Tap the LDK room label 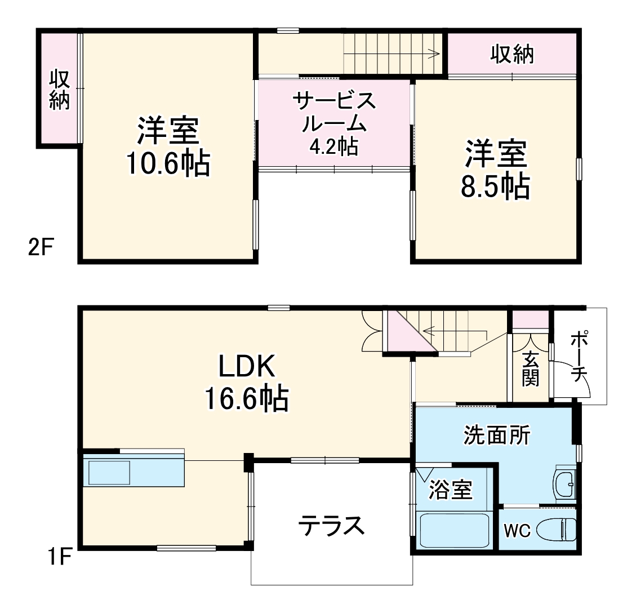click(246, 367)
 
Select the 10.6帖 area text click(168, 164)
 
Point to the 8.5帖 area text click(495, 186)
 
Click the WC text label click(517, 531)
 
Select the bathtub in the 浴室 click(453, 530)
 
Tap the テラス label click(331, 526)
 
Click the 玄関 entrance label click(530, 369)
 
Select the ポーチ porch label click(579, 357)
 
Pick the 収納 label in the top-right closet click(512, 54)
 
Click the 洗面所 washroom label click(496, 435)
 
